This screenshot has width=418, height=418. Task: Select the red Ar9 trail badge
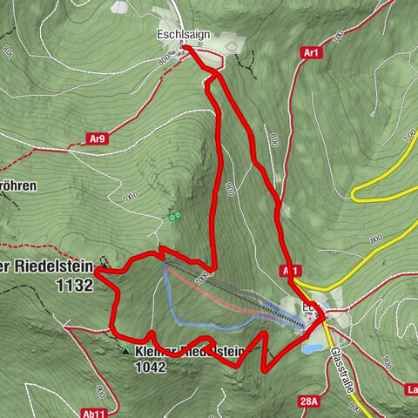tap(100, 138)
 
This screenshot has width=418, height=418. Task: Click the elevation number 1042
tap(150, 367)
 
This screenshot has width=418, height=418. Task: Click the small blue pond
tap(311, 347)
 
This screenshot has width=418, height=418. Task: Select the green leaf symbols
tap(174, 214)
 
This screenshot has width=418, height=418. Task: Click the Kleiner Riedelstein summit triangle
tap(126, 351)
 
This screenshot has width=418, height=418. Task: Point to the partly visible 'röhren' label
tap(23, 187)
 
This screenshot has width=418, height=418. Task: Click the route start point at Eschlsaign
tap(186, 50)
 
